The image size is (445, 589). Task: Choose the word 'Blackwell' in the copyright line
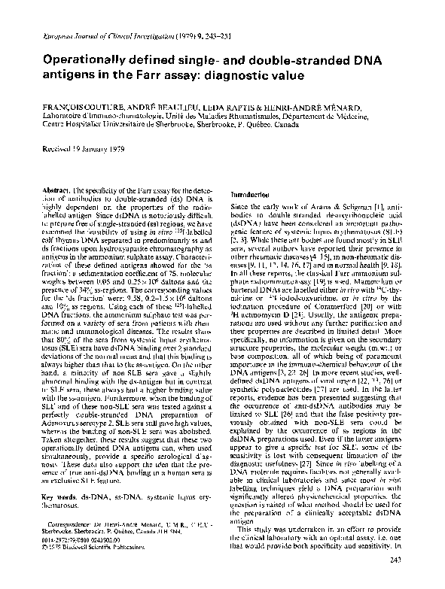[88, 564]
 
